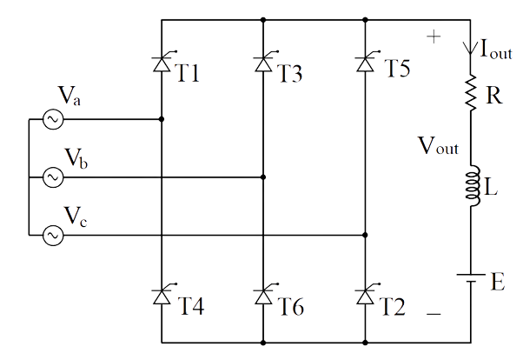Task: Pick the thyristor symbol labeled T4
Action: pos(162,297)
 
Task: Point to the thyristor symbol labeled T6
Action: pos(264,297)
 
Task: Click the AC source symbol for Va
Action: pos(49,120)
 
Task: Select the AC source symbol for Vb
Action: pos(49,177)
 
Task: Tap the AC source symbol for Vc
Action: pos(49,234)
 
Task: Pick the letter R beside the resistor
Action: pos(494,95)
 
